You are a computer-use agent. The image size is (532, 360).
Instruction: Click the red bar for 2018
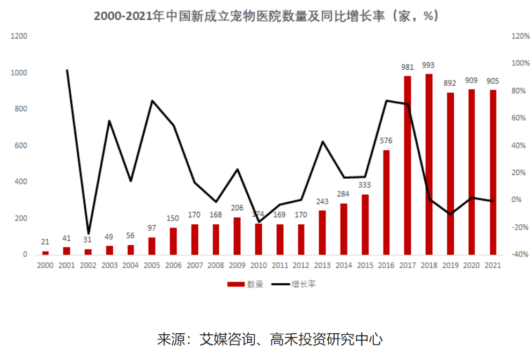click(428, 164)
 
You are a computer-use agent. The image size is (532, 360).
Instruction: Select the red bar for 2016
click(386, 202)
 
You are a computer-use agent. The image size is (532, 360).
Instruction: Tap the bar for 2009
click(237, 236)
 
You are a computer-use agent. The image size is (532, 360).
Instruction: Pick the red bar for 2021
click(492, 172)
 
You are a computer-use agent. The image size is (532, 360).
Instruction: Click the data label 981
click(408, 67)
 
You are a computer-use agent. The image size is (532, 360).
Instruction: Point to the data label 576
click(386, 141)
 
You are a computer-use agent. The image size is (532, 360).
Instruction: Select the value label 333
click(365, 185)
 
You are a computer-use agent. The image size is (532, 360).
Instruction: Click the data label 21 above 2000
click(46, 242)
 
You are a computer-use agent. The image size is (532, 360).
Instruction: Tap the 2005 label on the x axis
click(152, 265)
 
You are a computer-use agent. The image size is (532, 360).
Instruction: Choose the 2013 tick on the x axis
click(322, 265)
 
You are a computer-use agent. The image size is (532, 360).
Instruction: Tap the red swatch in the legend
click(235, 284)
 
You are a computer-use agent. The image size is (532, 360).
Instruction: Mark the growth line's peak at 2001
click(66, 70)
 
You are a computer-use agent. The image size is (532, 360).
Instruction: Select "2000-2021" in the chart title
click(123, 16)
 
